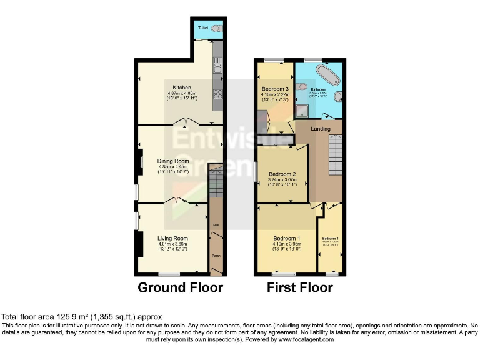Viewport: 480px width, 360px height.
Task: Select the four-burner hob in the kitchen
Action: (x=219, y=95)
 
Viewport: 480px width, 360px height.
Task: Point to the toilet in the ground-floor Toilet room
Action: (x=216, y=29)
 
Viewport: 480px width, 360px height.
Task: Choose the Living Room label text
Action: (x=172, y=238)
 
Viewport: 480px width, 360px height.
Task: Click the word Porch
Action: (x=216, y=256)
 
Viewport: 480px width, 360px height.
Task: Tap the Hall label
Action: (x=216, y=225)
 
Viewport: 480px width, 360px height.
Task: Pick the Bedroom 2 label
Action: (x=282, y=174)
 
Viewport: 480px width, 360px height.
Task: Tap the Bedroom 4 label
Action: (x=330, y=239)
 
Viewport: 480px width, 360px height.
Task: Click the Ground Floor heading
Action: (x=180, y=288)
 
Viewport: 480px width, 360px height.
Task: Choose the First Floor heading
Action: (x=299, y=288)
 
